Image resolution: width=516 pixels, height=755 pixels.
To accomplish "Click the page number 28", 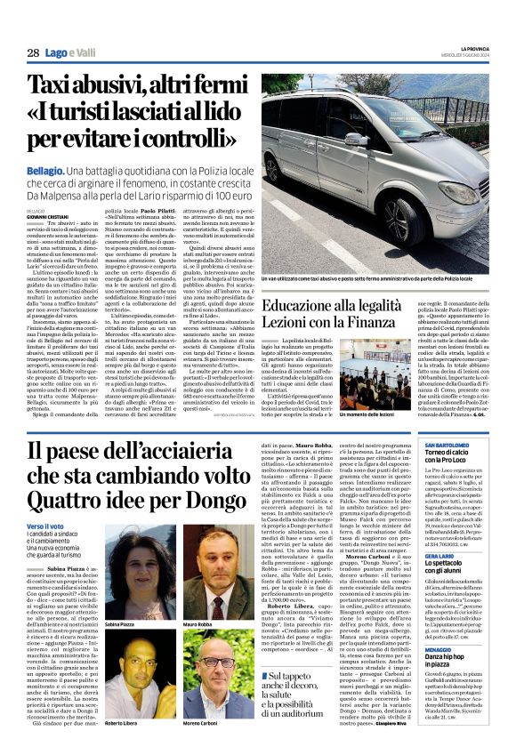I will pos(33,53).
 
